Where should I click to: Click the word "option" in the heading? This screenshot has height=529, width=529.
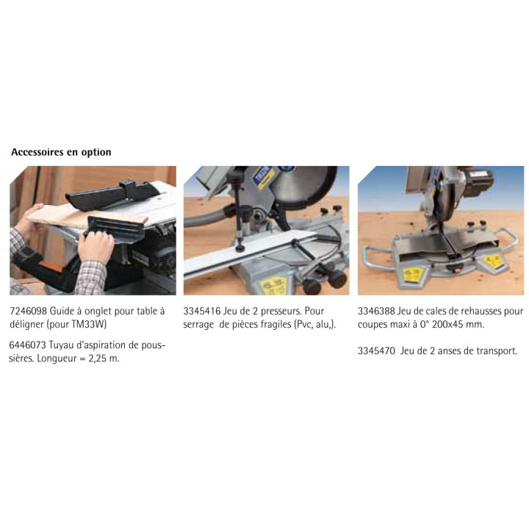click(96, 153)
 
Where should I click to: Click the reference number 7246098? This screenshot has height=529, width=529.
click(28, 311)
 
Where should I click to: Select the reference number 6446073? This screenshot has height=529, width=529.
click(27, 345)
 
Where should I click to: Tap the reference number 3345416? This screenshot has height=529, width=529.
click(202, 311)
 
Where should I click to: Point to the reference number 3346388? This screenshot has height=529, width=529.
click(376, 311)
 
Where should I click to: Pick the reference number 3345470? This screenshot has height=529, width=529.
click(376, 351)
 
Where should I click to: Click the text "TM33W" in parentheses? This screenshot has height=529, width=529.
click(88, 324)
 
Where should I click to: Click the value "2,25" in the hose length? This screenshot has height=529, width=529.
click(97, 359)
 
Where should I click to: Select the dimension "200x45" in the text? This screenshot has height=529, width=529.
click(447, 324)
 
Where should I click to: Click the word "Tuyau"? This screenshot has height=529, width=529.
click(60, 345)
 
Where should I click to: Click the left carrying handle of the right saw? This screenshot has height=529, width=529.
click(376, 256)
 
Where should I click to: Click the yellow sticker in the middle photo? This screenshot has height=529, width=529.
click(273, 285)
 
